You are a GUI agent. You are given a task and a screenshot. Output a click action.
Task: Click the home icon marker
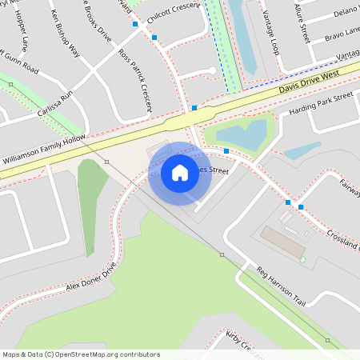(180, 173)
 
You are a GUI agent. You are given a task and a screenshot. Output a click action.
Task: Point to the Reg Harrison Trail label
(281, 286)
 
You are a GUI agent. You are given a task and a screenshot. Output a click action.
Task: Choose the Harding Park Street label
(321, 103)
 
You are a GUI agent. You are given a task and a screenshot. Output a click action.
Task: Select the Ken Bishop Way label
(66, 34)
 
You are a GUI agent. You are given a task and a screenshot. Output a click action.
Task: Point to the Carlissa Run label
(55, 105)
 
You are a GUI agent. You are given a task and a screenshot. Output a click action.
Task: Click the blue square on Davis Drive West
(194, 108)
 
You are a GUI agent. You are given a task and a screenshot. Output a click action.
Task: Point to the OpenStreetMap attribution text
(81, 354)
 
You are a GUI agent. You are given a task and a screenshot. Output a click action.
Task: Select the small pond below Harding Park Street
(302, 150)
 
